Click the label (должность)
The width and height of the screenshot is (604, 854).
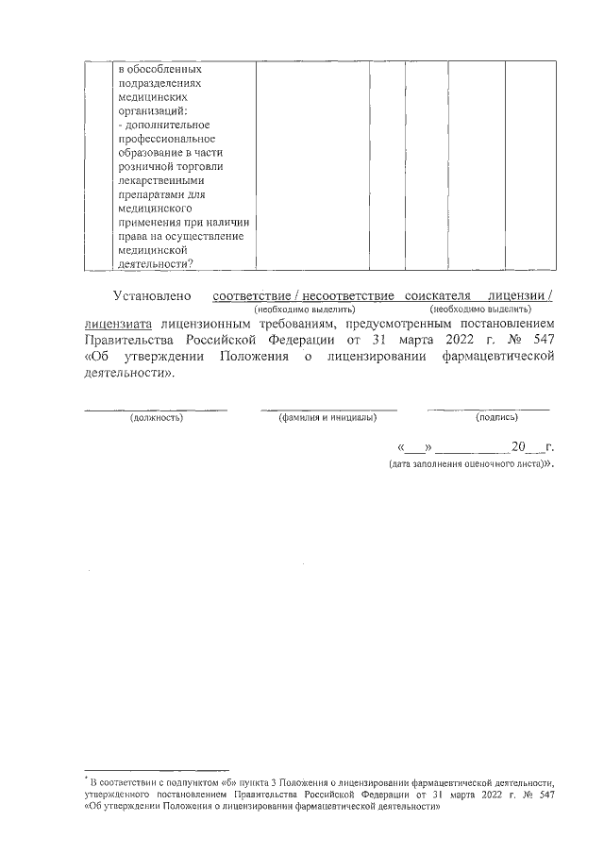(156, 417)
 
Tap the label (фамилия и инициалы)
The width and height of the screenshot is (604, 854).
(327, 417)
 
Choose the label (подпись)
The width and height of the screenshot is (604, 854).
(495, 417)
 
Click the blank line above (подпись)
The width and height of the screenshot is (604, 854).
(488, 409)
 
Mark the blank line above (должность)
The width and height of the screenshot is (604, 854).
(156, 409)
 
